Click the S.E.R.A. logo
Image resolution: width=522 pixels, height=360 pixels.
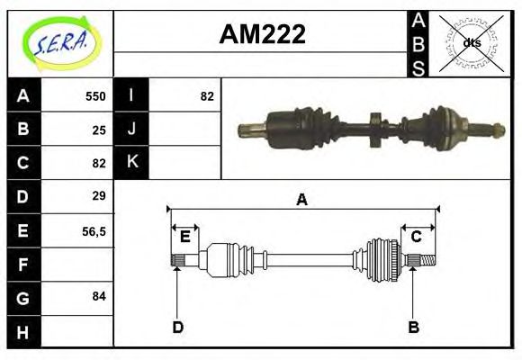(x=60, y=42)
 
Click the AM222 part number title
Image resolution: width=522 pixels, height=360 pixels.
(x=263, y=35)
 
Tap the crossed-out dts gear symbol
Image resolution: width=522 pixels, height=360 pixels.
(x=471, y=42)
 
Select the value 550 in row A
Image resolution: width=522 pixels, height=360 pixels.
(x=95, y=96)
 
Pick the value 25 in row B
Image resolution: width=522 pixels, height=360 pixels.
(x=99, y=130)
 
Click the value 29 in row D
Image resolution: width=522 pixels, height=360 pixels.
(x=99, y=195)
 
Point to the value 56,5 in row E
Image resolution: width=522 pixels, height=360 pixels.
(x=94, y=230)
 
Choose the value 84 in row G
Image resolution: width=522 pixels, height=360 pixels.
(x=99, y=296)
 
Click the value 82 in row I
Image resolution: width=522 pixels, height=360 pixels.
(x=207, y=96)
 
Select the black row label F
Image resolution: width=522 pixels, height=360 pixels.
(x=23, y=264)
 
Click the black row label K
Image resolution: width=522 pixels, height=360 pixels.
(x=131, y=163)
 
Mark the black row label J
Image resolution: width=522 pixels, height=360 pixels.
(x=131, y=130)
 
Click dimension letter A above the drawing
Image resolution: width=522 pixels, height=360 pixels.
(x=302, y=200)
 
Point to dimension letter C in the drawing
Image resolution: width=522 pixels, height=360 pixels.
(x=417, y=237)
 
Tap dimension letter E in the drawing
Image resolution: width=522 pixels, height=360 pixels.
(x=184, y=237)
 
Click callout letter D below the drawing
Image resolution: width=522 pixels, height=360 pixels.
(x=177, y=327)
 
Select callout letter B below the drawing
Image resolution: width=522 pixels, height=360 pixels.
(x=413, y=327)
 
